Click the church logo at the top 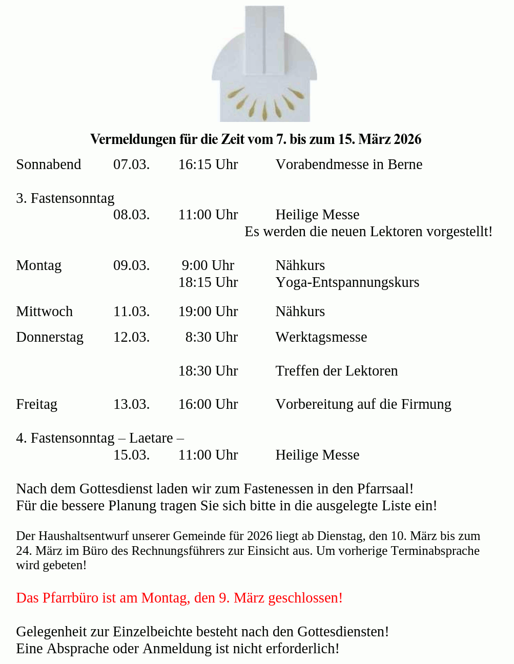coord(264,64)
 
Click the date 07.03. coord(131,164)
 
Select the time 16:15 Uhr coord(208,164)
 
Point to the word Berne coord(405,164)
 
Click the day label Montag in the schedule coord(39,265)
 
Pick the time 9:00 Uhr coord(208,265)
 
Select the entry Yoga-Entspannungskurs coord(347,282)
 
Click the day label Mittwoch coord(44,312)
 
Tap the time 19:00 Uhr coord(208,312)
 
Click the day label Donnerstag coord(50,337)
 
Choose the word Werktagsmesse coord(321,337)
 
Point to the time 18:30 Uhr coord(208,371)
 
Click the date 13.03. coord(131,404)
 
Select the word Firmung coord(426,404)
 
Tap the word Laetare coord(151,438)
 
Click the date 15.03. coord(131,455)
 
